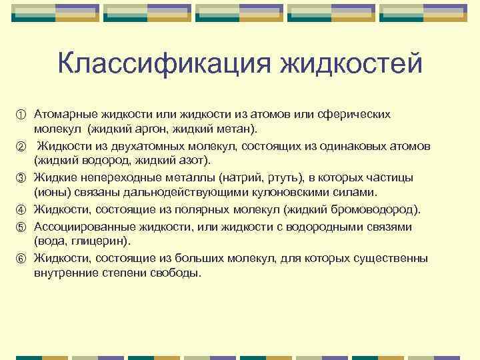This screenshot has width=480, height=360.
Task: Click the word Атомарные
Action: [65, 115]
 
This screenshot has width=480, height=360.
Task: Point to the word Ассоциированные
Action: [79, 226]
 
